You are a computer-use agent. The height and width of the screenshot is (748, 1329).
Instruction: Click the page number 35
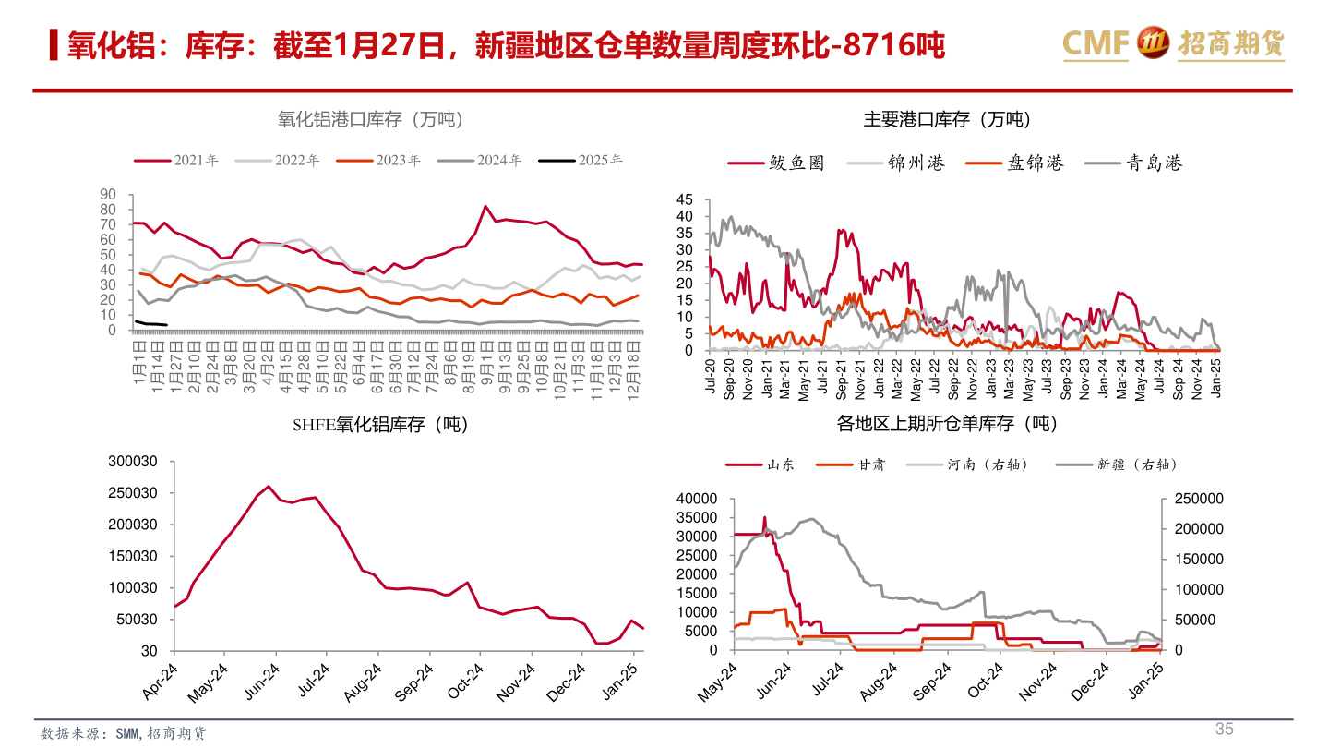click(1224, 729)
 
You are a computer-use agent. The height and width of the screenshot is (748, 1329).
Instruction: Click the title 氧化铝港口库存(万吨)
click(370, 120)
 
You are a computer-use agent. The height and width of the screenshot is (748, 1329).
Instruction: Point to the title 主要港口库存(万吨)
click(947, 120)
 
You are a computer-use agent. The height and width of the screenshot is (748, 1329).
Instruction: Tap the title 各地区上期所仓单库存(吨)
click(947, 424)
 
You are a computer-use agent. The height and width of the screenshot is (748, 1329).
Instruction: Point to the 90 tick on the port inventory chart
click(108, 194)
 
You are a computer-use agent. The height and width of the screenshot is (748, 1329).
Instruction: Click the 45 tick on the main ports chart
click(684, 199)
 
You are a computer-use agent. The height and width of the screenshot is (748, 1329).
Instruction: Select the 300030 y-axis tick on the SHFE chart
click(134, 462)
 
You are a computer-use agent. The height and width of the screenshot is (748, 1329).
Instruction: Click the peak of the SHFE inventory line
click(269, 486)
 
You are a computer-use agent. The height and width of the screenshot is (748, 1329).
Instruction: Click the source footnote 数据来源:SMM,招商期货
click(124, 733)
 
